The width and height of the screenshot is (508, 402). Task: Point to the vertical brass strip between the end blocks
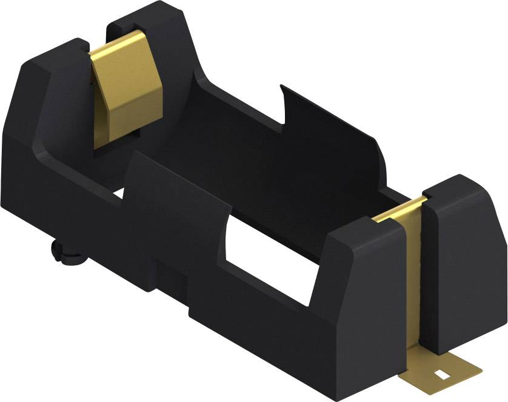pyautogui.click(x=412, y=285)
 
